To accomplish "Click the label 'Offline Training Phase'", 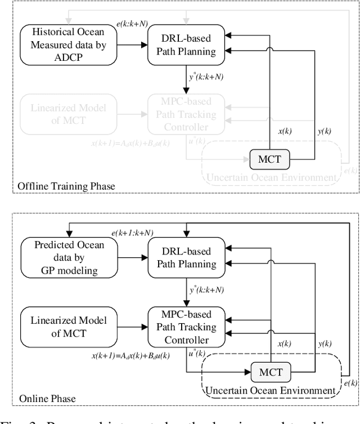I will tap(65, 185).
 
